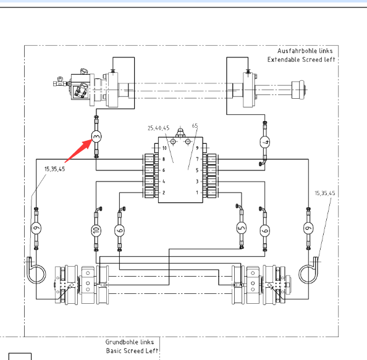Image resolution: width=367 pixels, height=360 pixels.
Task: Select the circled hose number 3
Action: [96, 137]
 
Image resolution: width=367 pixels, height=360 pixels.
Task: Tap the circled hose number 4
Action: [265, 142]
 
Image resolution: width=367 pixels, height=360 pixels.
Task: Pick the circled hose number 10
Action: [96, 230]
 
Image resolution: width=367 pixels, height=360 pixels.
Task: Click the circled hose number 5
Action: [242, 228]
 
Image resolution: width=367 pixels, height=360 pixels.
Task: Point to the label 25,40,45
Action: [158, 128]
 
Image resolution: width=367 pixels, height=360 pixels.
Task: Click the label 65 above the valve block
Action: [195, 126]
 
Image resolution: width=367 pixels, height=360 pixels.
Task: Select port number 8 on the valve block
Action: [163, 159]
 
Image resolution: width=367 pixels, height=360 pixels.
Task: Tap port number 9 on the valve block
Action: [197, 148]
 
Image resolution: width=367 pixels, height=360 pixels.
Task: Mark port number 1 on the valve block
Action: [197, 193]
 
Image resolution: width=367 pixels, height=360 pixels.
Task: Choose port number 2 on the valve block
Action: [164, 193]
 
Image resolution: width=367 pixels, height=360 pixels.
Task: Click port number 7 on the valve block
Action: [197, 159]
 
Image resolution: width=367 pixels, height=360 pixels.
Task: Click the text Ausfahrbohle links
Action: [305, 51]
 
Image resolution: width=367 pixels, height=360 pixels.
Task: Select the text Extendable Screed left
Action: [302, 60]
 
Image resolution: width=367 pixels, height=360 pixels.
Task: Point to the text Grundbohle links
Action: [129, 342]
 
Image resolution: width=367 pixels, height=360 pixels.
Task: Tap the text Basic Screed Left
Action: [132, 351]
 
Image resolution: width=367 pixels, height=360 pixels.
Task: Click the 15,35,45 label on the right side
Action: [325, 193]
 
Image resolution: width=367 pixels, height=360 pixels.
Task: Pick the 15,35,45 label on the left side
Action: [55, 169]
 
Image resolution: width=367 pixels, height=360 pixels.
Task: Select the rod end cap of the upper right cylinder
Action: [298, 90]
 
